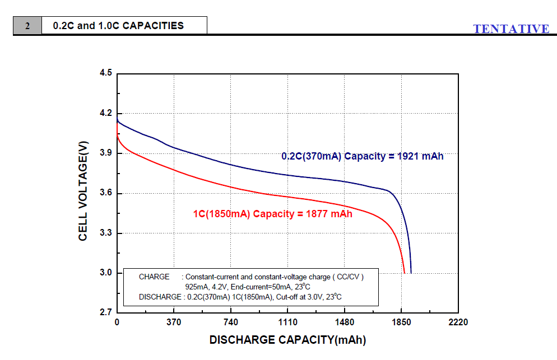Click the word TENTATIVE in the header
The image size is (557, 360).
[x=511, y=29]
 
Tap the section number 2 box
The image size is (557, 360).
[x=27, y=26]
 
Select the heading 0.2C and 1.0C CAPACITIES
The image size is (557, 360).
[x=118, y=26]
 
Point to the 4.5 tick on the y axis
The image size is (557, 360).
[x=106, y=73]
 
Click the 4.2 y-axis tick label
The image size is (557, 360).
[x=106, y=113]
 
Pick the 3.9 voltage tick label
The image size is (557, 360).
[x=106, y=153]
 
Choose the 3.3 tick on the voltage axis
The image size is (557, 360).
[x=106, y=233]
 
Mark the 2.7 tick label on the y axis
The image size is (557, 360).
[x=106, y=312]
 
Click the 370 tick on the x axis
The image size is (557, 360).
[x=174, y=322]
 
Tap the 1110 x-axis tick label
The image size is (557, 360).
[x=287, y=322]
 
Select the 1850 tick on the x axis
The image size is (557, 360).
[x=401, y=322]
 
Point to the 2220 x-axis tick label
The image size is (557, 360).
[x=458, y=322]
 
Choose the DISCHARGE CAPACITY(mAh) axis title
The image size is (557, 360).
[x=287, y=340]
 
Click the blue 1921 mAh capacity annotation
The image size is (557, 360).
[x=362, y=156]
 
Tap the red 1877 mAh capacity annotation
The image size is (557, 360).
[x=272, y=213]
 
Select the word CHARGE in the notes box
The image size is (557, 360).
[x=154, y=277]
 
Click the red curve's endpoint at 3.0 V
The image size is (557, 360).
[x=405, y=273]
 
